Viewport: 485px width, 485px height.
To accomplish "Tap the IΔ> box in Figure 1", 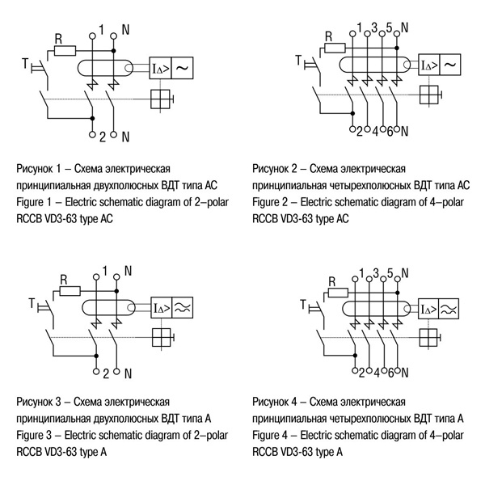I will point(159,69).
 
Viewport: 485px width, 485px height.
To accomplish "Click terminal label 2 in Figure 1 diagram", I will point(103,136).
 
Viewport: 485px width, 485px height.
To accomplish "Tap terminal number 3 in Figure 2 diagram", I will point(374,27).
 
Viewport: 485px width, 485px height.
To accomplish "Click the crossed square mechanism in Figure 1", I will point(162,100).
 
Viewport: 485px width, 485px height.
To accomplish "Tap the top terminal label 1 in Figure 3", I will point(104,270).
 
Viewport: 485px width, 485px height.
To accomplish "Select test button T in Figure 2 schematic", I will point(301,61).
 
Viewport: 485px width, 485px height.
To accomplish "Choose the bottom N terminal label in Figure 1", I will point(125,136).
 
